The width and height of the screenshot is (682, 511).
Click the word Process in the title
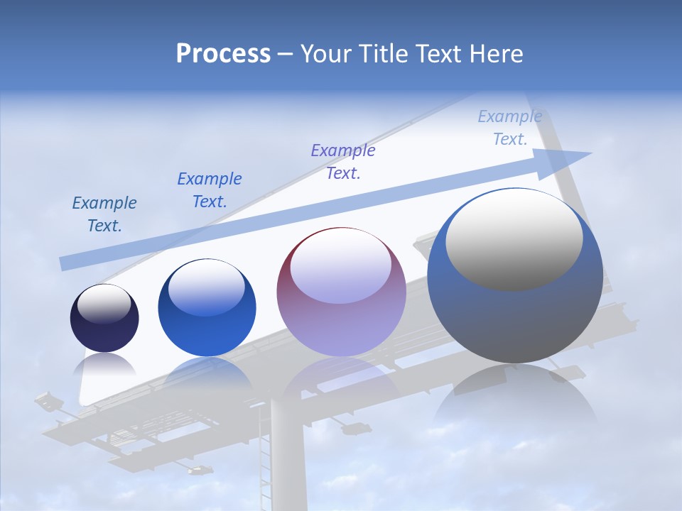223,54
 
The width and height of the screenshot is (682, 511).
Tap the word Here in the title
496,54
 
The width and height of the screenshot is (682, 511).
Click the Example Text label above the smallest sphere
104,214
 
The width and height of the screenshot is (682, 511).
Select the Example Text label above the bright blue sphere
210,190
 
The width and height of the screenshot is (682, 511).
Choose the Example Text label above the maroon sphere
343,161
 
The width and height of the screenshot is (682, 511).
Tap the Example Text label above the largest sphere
510,128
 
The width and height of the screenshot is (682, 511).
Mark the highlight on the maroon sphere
340,267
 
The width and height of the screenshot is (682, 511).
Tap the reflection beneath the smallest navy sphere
104,365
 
